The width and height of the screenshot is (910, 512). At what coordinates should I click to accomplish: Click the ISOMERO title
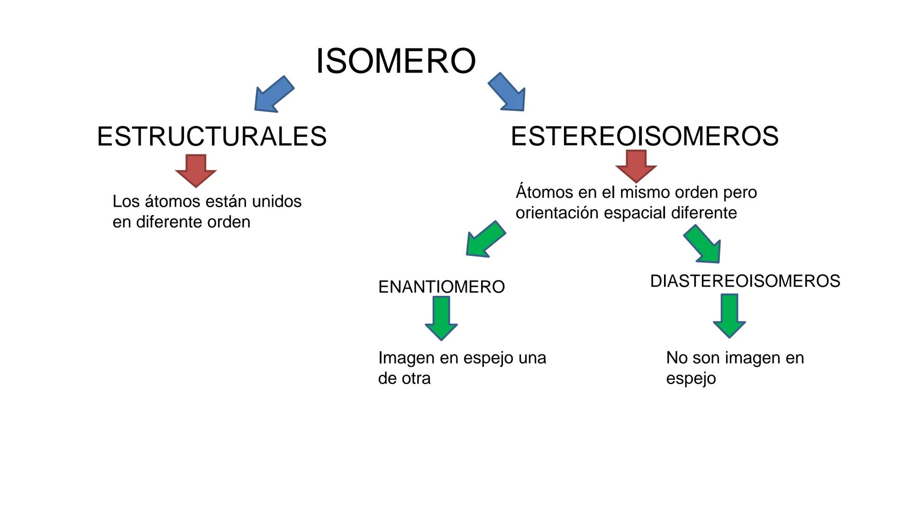[x=396, y=61]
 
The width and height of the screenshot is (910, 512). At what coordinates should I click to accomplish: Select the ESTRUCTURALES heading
[x=211, y=137]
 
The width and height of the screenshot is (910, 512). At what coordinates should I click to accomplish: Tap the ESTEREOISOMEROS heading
[x=645, y=136]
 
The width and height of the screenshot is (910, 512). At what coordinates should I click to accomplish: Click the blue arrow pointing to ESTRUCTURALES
[x=273, y=94]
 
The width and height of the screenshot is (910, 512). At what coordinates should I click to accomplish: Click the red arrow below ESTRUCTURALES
[x=196, y=170]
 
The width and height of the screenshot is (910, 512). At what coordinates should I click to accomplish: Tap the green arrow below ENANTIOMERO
[x=441, y=318]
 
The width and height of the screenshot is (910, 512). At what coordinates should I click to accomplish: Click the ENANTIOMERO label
[x=441, y=287]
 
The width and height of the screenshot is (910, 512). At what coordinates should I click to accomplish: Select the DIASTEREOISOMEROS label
[x=745, y=281]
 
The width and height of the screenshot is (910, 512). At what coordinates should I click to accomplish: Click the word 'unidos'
[x=277, y=201]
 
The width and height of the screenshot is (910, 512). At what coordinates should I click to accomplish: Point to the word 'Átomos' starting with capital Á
[x=545, y=192]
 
